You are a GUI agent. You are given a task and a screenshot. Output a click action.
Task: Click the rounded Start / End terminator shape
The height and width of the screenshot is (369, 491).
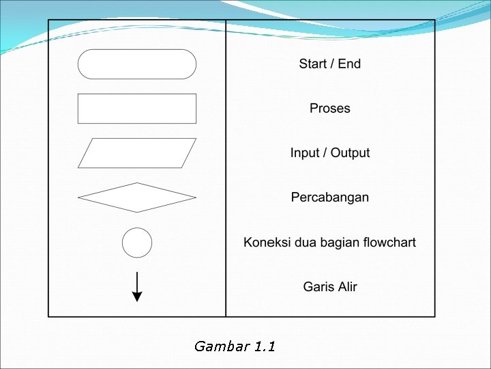point(137,64)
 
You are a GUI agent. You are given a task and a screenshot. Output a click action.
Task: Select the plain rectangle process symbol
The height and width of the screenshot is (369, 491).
point(137,109)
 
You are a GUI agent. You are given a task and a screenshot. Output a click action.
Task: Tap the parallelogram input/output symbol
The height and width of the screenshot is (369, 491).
point(137,153)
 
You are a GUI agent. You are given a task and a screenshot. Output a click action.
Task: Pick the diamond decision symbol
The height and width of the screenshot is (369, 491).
point(137,197)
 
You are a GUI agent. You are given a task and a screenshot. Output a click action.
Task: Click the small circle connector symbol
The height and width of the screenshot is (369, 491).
point(137,243)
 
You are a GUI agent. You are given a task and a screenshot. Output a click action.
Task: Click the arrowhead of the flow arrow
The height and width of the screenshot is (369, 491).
point(137,297)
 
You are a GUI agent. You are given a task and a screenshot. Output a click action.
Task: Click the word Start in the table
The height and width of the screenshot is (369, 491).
point(313,64)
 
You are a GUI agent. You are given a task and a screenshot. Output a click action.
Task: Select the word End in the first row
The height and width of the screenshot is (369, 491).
point(349,64)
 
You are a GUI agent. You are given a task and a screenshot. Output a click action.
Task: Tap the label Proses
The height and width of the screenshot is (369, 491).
point(330,109)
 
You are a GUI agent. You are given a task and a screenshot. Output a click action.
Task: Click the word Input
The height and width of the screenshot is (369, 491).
point(305,153)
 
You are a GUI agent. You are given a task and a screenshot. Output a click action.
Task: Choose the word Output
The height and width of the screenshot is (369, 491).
point(351,153)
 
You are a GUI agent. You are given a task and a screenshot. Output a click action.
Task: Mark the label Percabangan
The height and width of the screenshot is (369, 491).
point(330,197)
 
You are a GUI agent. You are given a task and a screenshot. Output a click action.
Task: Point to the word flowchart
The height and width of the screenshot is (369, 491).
point(389,243)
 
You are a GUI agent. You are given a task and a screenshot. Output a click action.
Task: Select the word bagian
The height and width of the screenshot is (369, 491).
point(339,243)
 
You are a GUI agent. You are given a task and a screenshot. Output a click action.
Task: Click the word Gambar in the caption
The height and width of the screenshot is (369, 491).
point(221,346)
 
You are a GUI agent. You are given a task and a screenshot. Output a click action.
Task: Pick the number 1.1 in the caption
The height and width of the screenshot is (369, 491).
point(265,346)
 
